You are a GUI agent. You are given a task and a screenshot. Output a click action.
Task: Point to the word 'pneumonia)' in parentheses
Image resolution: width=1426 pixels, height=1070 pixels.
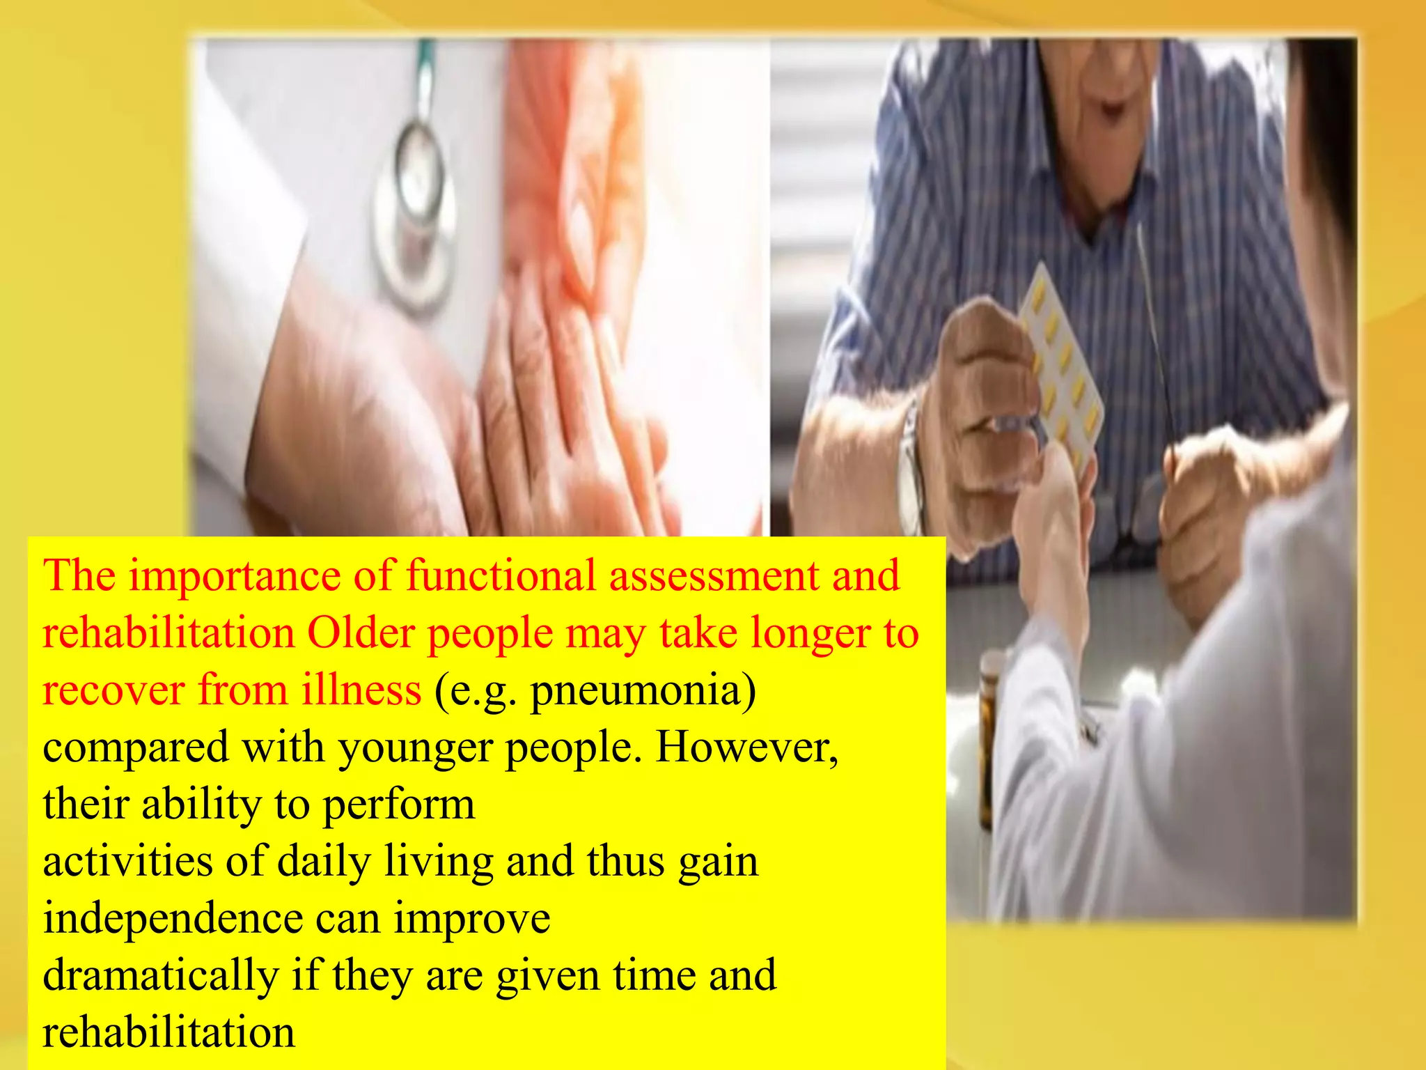coord(643,691)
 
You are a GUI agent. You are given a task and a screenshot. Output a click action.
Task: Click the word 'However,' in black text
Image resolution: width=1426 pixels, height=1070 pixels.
coord(747,747)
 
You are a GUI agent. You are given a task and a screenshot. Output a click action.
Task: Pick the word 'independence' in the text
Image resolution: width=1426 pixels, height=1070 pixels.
coord(173,919)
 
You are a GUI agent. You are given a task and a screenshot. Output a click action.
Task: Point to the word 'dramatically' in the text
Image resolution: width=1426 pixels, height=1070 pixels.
coord(161,975)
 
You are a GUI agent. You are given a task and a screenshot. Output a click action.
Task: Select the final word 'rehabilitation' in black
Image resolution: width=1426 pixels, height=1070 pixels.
coord(169,1032)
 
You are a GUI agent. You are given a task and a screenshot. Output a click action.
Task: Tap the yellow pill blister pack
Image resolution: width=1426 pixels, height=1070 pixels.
coord(1062,362)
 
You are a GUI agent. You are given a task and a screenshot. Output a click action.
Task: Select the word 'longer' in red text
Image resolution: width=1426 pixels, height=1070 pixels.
coord(808,634)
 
